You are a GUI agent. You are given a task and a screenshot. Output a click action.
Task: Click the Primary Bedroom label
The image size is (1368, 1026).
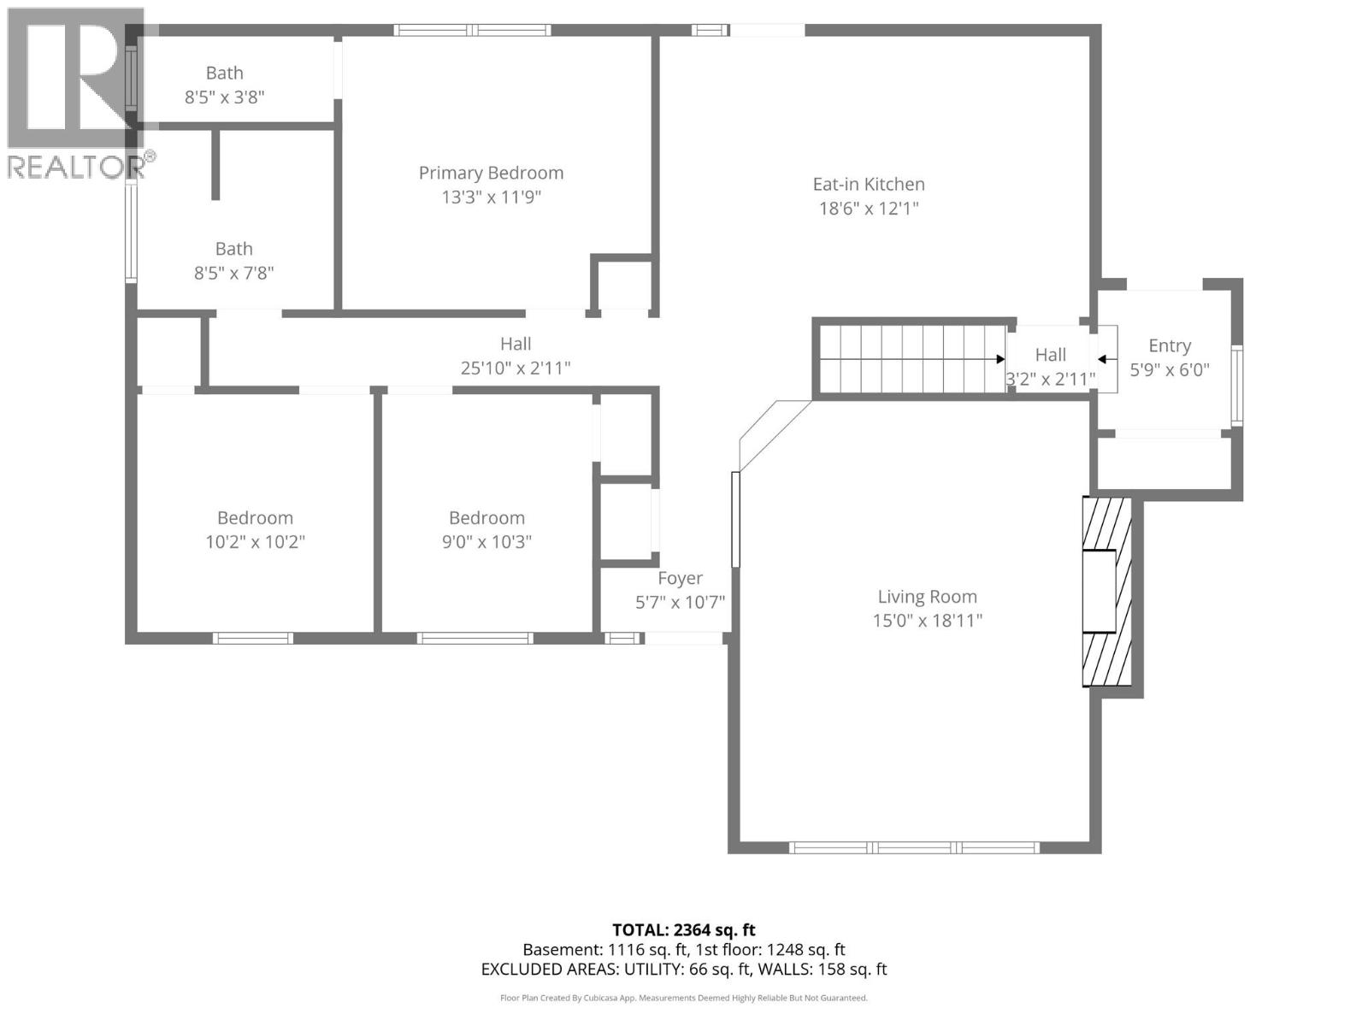pos(491,173)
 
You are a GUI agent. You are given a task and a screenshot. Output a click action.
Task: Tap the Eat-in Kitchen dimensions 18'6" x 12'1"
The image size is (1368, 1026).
pos(869,208)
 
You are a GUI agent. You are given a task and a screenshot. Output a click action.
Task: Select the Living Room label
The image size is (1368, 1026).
pos(927,597)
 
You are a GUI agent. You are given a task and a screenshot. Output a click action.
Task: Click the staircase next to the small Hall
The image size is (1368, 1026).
pos(911,359)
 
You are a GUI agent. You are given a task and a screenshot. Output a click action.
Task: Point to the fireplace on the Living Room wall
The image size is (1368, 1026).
pos(1107,592)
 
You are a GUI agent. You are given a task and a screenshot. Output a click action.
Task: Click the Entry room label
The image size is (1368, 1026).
pos(1169,345)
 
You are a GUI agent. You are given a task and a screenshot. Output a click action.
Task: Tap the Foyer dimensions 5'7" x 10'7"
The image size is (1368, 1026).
pos(680,602)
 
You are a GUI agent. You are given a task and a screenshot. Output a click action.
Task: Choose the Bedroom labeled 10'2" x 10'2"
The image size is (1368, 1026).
pos(255,518)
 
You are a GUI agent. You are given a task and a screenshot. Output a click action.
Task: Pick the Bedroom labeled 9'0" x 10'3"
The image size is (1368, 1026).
pos(486,518)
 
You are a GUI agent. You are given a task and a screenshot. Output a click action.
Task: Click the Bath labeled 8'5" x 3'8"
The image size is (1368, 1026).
pos(224,74)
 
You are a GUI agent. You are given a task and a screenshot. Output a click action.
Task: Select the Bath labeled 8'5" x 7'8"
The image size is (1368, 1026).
pos(233,249)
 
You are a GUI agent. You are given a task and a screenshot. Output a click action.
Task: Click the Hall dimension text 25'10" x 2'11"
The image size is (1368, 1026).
pos(516,369)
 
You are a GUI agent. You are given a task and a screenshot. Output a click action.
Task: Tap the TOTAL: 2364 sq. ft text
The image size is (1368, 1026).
pos(683,929)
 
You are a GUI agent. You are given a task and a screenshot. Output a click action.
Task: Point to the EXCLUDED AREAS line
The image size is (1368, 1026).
pos(683,969)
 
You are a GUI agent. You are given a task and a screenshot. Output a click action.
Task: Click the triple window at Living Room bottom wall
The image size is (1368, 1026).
pos(914,847)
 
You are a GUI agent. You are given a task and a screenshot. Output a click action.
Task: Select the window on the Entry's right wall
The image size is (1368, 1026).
pos(1236,386)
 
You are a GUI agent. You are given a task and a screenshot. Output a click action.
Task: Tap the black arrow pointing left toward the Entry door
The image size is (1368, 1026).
pos(1103,360)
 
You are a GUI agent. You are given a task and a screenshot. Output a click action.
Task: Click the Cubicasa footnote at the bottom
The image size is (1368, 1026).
pos(683,998)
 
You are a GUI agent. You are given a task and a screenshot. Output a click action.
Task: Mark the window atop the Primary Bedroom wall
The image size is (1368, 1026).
pos(472,31)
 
